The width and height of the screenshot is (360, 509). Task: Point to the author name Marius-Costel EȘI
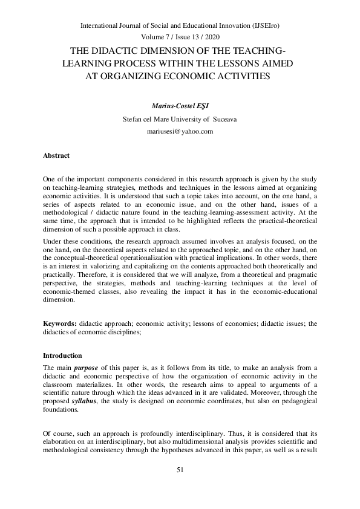tap(180, 105)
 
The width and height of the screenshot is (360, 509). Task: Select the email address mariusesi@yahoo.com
tap(180, 131)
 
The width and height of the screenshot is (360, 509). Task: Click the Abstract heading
tap(56, 155)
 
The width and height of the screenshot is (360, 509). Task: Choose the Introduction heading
tap(62, 355)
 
